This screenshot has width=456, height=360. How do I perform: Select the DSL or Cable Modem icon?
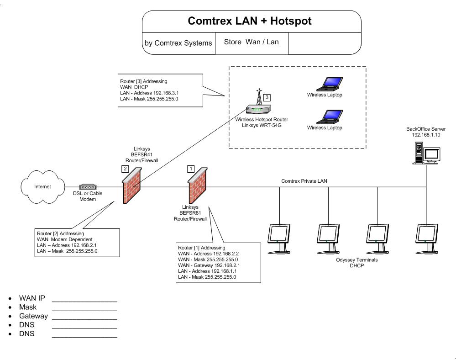[88, 187]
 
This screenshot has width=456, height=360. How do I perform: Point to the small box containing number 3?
[267, 97]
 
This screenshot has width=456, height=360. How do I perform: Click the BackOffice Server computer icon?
[426, 153]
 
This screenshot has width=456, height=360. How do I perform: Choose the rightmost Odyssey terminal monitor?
[428, 238]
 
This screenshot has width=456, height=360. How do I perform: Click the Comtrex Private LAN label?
[304, 181]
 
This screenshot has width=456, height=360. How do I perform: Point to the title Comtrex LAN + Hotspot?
[250, 21]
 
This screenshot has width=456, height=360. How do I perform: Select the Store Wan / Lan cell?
[251, 42]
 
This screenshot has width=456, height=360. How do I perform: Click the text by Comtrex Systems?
[178, 43]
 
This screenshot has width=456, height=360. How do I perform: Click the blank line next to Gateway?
[84, 316]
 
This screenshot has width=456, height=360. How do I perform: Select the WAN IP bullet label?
[32, 298]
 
